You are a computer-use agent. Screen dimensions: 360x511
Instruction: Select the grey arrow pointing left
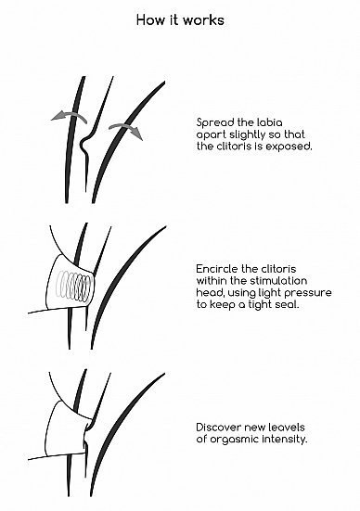click(x=70, y=116)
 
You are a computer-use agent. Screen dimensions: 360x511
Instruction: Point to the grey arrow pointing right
click(x=125, y=131)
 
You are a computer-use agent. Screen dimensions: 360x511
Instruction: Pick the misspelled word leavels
click(x=284, y=427)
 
